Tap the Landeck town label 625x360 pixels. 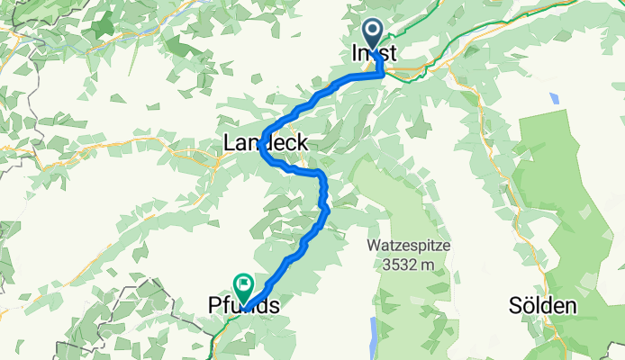266,142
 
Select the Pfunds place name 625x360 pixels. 237,307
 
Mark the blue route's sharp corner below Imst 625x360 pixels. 384,76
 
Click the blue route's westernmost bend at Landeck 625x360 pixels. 263,150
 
